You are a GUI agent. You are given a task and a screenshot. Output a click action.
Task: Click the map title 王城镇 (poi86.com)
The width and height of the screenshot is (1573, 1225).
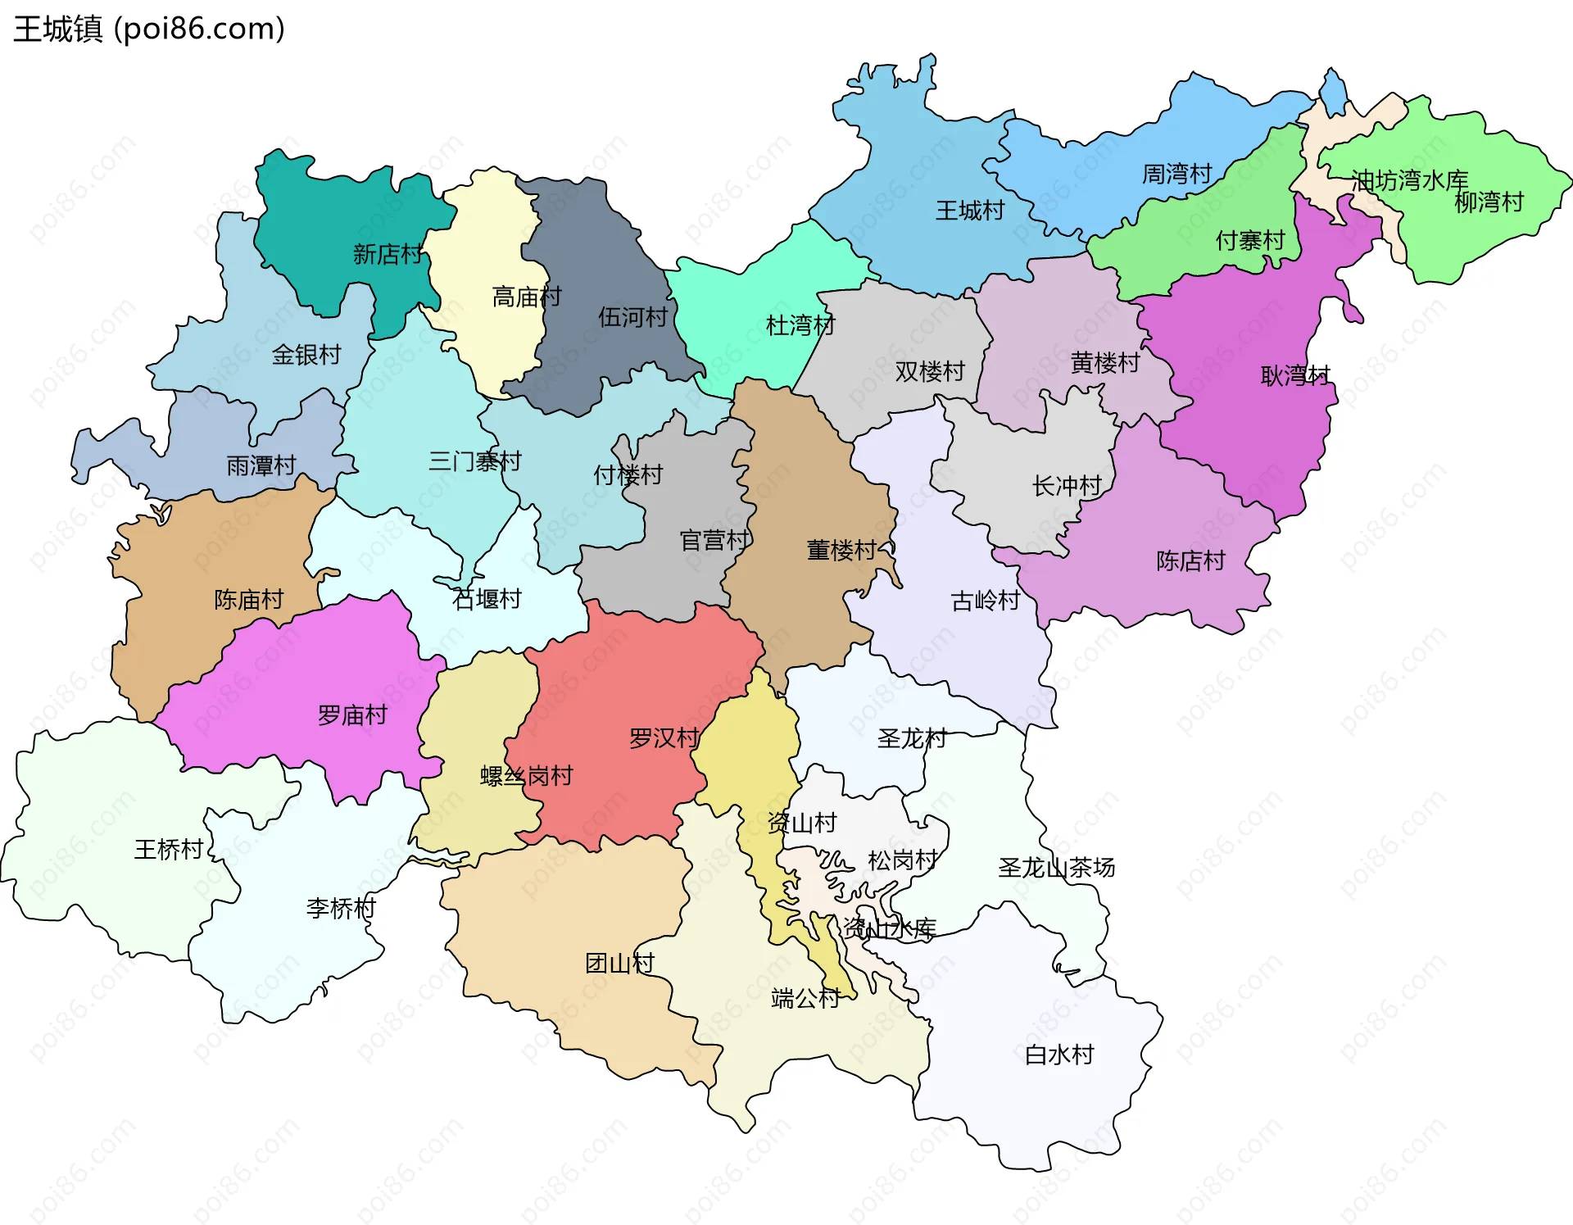click(x=149, y=29)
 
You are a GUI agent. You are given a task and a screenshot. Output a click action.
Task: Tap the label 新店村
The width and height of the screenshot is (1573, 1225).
click(x=388, y=254)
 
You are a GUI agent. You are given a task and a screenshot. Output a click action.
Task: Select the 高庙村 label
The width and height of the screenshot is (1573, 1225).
click(x=527, y=297)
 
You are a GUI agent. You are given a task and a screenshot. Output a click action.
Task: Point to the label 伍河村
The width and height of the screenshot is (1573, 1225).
click(x=632, y=317)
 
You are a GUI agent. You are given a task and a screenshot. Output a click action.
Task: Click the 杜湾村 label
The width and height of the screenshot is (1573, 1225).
click(x=800, y=325)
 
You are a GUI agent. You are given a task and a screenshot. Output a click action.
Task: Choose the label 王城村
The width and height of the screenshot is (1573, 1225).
click(x=970, y=211)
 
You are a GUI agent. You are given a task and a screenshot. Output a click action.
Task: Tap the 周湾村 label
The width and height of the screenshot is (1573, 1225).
click(x=1176, y=174)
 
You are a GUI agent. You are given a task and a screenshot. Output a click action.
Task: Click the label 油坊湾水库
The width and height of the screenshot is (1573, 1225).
click(x=1409, y=180)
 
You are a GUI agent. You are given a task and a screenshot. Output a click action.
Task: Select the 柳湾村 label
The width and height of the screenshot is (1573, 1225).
click(x=1489, y=202)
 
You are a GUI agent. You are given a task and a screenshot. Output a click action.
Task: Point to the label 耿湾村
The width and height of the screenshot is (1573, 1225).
click(x=1295, y=376)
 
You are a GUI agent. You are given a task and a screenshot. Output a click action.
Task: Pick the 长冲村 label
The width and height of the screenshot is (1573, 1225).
click(x=1067, y=486)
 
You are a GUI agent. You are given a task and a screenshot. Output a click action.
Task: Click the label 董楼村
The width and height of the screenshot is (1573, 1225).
click(x=841, y=550)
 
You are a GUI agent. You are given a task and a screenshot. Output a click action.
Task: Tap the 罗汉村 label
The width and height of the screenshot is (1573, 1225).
click(x=664, y=738)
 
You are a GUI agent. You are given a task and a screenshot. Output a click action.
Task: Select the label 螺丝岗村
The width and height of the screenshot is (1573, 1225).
click(x=526, y=776)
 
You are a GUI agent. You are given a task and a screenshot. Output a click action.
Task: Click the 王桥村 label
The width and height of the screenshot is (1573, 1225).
click(x=169, y=849)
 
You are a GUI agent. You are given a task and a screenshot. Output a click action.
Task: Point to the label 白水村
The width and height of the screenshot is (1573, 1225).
click(x=1059, y=1055)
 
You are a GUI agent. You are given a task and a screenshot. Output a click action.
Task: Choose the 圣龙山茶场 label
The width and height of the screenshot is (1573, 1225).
click(x=1056, y=867)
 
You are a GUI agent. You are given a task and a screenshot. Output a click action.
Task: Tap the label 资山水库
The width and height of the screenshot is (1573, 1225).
click(x=890, y=928)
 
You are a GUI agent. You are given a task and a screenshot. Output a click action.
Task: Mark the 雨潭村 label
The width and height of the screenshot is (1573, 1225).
click(x=261, y=465)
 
